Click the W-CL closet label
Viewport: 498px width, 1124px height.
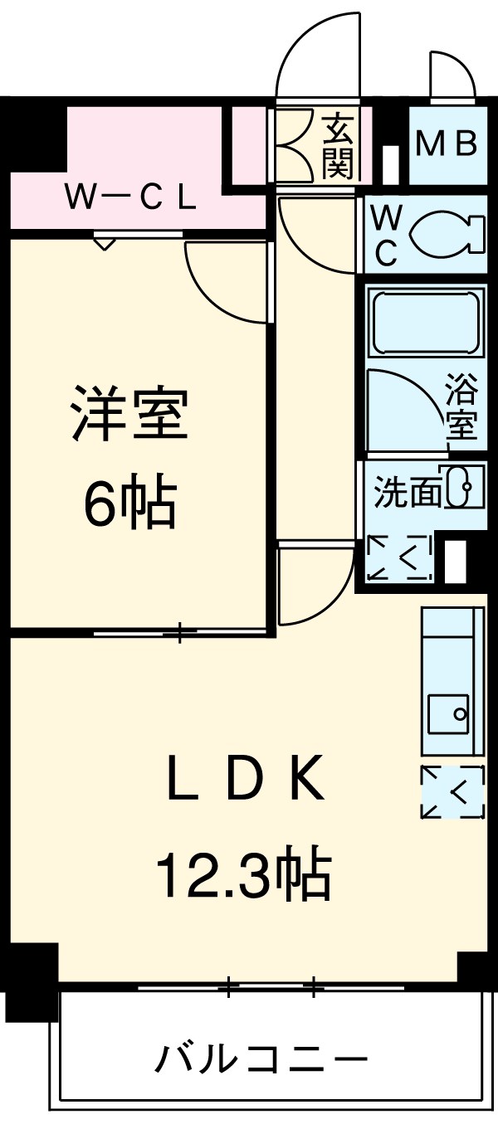point(130,197)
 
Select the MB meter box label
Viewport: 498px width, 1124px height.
point(446,144)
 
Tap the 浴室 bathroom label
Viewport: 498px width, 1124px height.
point(461,406)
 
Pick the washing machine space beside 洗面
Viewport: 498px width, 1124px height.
point(399,557)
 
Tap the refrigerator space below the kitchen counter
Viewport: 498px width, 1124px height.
point(452,793)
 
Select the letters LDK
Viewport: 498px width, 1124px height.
point(245,780)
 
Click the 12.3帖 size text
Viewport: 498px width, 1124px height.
point(245,873)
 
